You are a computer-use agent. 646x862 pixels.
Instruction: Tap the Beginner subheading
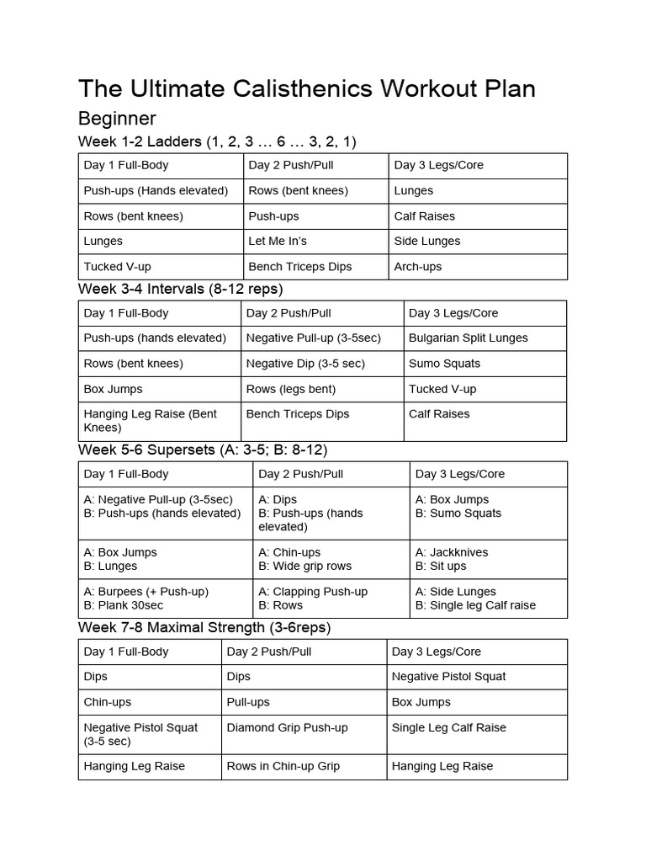coord(117,118)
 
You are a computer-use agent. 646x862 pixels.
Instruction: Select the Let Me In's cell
coord(278,242)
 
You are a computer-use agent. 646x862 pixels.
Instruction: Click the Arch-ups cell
coord(418,267)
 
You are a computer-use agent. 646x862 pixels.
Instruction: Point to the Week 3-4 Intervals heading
coord(180,289)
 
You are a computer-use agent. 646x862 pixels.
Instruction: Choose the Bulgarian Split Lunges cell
coord(469,338)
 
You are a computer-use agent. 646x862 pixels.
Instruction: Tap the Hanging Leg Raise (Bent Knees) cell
coord(150,420)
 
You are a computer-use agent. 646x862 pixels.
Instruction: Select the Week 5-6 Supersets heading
coord(203,450)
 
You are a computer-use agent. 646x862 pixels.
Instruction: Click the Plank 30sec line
coord(124,605)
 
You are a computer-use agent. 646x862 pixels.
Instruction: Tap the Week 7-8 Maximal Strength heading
coord(204,628)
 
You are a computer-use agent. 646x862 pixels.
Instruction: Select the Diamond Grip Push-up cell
coord(287,728)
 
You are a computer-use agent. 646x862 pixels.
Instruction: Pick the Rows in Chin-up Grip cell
coord(283,767)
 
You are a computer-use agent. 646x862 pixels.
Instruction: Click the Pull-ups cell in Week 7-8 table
coord(248,702)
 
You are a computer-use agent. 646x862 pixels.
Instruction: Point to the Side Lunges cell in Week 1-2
coord(427,242)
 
